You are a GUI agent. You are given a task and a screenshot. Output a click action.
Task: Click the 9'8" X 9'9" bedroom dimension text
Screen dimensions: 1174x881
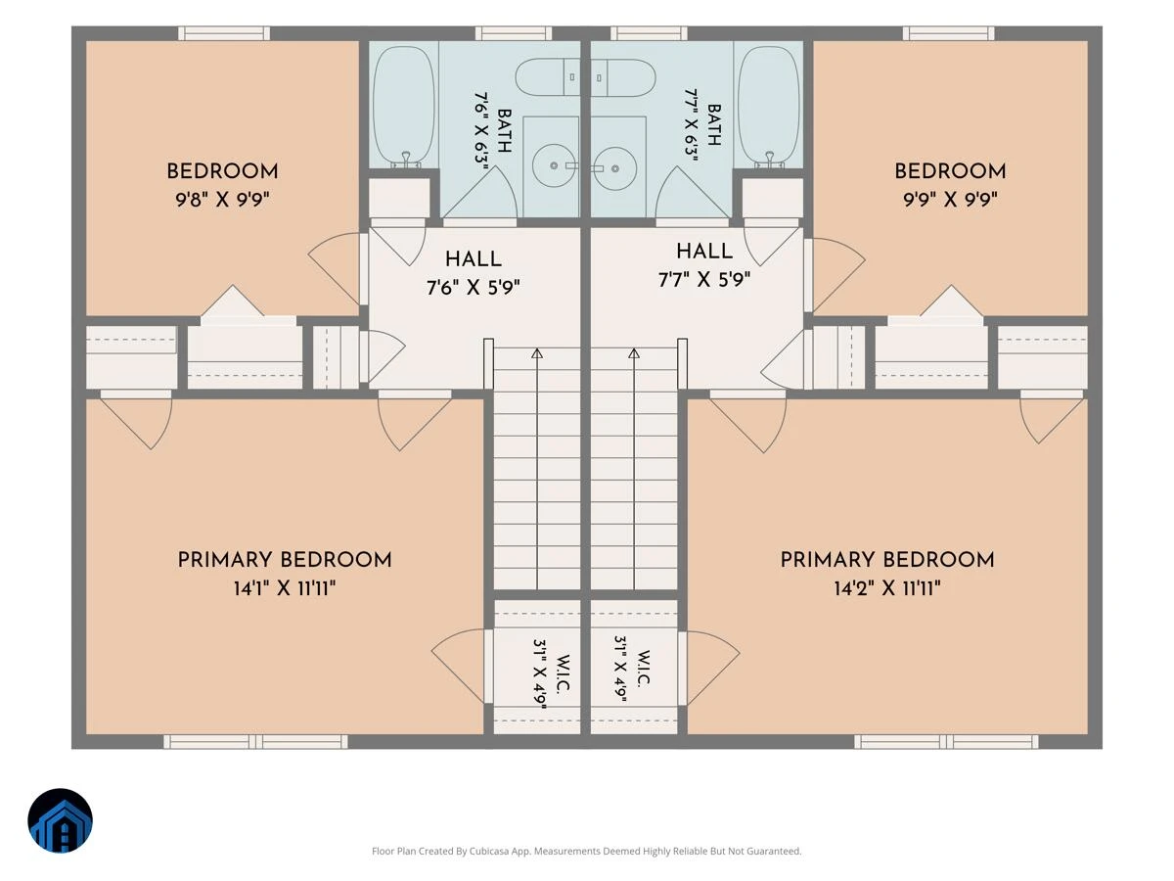[222, 200]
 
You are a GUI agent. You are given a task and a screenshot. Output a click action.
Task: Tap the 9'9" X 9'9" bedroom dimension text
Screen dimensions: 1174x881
[950, 200]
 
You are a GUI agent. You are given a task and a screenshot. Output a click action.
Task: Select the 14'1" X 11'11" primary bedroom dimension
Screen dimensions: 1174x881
[285, 588]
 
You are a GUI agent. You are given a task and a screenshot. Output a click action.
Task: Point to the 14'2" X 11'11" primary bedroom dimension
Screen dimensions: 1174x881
[887, 588]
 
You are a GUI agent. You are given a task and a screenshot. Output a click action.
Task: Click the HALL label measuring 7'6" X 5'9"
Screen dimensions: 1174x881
[474, 260]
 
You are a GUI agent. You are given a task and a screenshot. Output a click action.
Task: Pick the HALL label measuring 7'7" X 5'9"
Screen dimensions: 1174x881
[704, 252]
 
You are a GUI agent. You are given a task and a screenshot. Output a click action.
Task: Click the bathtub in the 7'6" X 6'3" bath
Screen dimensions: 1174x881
[403, 106]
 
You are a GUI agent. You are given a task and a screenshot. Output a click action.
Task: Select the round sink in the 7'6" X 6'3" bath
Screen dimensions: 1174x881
[554, 165]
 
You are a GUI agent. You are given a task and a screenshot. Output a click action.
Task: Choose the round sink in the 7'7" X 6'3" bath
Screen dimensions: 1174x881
[615, 168]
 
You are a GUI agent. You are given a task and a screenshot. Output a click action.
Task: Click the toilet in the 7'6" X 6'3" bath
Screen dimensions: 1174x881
[548, 77]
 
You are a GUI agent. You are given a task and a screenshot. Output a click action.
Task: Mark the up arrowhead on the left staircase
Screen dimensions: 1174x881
[537, 353]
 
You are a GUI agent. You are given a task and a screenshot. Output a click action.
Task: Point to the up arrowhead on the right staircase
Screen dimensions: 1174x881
[634, 353]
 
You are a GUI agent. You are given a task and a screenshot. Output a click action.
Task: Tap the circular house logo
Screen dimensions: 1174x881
[60, 820]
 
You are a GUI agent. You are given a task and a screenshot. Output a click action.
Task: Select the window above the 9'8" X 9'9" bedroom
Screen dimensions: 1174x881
[224, 33]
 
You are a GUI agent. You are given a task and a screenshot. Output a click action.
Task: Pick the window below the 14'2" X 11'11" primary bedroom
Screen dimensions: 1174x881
[946, 741]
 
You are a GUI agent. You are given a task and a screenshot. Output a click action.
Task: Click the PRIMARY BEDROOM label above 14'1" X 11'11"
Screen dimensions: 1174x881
[285, 560]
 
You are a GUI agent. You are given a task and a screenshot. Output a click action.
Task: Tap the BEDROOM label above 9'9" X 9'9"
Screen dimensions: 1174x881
[950, 171]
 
